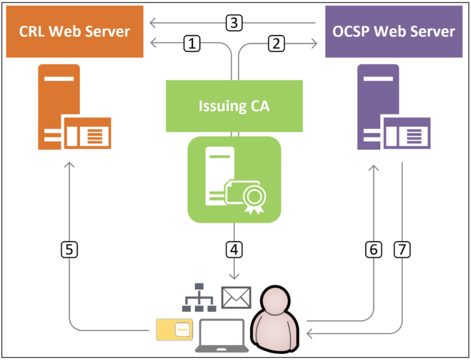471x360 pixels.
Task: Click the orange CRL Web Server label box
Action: (75, 31)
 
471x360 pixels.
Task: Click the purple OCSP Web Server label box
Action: (393, 31)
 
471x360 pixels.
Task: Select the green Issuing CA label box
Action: (234, 105)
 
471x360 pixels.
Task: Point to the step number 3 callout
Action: (234, 23)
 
